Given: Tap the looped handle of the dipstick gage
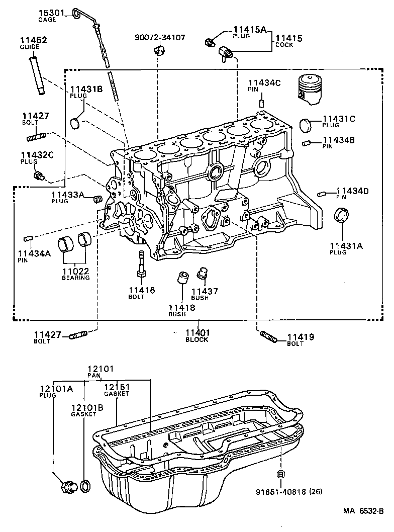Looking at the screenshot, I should point(77,13).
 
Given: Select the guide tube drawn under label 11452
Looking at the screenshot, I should point(37,75).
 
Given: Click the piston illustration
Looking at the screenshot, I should point(309,90).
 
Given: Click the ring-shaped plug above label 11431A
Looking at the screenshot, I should point(342,216).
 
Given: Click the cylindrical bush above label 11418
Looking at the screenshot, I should point(183,278).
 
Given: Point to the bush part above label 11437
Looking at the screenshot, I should point(202,273).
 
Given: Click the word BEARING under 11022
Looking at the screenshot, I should point(76,278).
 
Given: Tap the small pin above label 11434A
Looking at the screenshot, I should point(28,238).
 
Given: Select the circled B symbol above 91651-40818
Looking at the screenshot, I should point(280,474).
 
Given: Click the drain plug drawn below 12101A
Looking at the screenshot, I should point(67,487).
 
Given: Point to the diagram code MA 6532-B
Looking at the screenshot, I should point(363,511).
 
